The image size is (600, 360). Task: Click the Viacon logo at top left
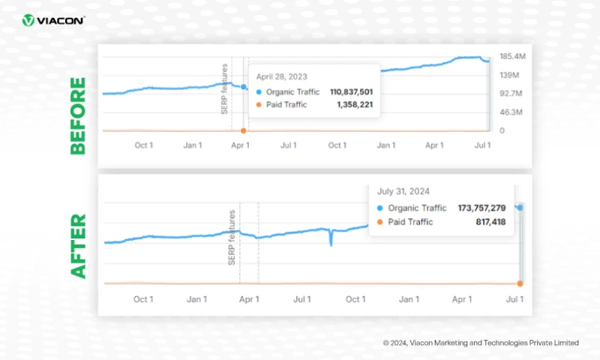pos(53,20)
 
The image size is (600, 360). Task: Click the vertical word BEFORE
pos(78,115)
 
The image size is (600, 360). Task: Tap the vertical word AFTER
pos(78,246)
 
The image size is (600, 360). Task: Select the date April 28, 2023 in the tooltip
pos(282,76)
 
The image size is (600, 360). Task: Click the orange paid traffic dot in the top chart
pos(243,130)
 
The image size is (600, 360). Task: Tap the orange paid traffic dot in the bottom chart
pos(520,283)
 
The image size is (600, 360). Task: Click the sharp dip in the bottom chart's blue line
pos(330,243)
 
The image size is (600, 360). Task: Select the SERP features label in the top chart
pos(224,89)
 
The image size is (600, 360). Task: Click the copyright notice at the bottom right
pos(481,342)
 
